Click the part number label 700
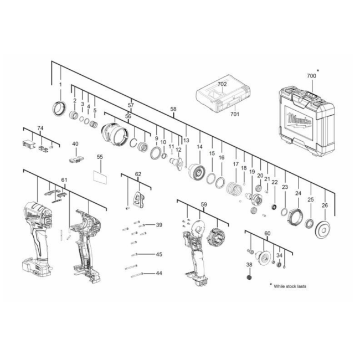[x=311, y=75]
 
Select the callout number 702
[x=222, y=84]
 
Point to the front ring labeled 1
[x=59, y=109]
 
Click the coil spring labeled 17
[x=234, y=189]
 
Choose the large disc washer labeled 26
[x=324, y=230]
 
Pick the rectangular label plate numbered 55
[x=100, y=177]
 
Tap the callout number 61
[x=64, y=180]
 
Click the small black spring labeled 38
[x=249, y=277]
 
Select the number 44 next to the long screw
[x=159, y=273]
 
